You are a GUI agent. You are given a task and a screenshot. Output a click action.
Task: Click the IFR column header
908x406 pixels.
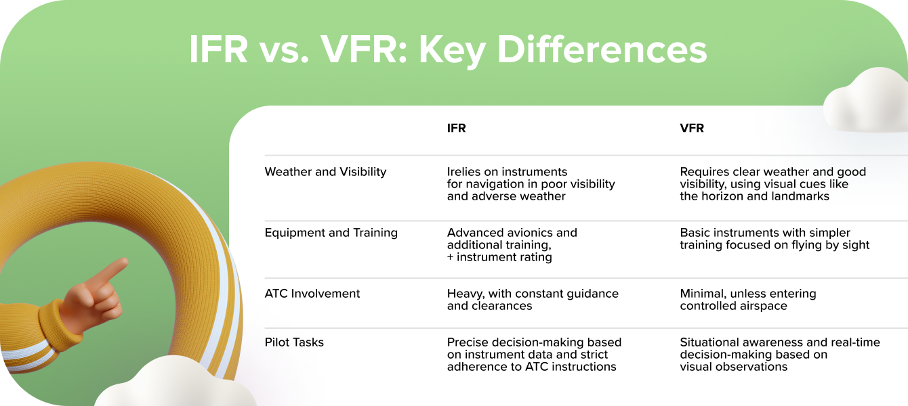pos(456,128)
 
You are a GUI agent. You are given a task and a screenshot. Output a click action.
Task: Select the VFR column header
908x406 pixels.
pos(692,128)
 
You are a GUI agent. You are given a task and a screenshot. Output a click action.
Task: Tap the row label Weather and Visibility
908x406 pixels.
pos(325,172)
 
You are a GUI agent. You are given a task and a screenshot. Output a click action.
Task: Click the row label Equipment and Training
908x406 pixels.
pos(331,233)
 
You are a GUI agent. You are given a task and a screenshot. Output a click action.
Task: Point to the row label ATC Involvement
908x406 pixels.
pos(312,294)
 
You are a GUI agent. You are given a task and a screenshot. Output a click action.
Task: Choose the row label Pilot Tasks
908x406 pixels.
pos(294,342)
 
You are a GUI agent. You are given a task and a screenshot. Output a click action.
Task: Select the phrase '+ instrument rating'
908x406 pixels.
pos(499,257)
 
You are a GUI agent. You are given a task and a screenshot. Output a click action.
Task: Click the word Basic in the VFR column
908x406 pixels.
pos(695,233)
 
